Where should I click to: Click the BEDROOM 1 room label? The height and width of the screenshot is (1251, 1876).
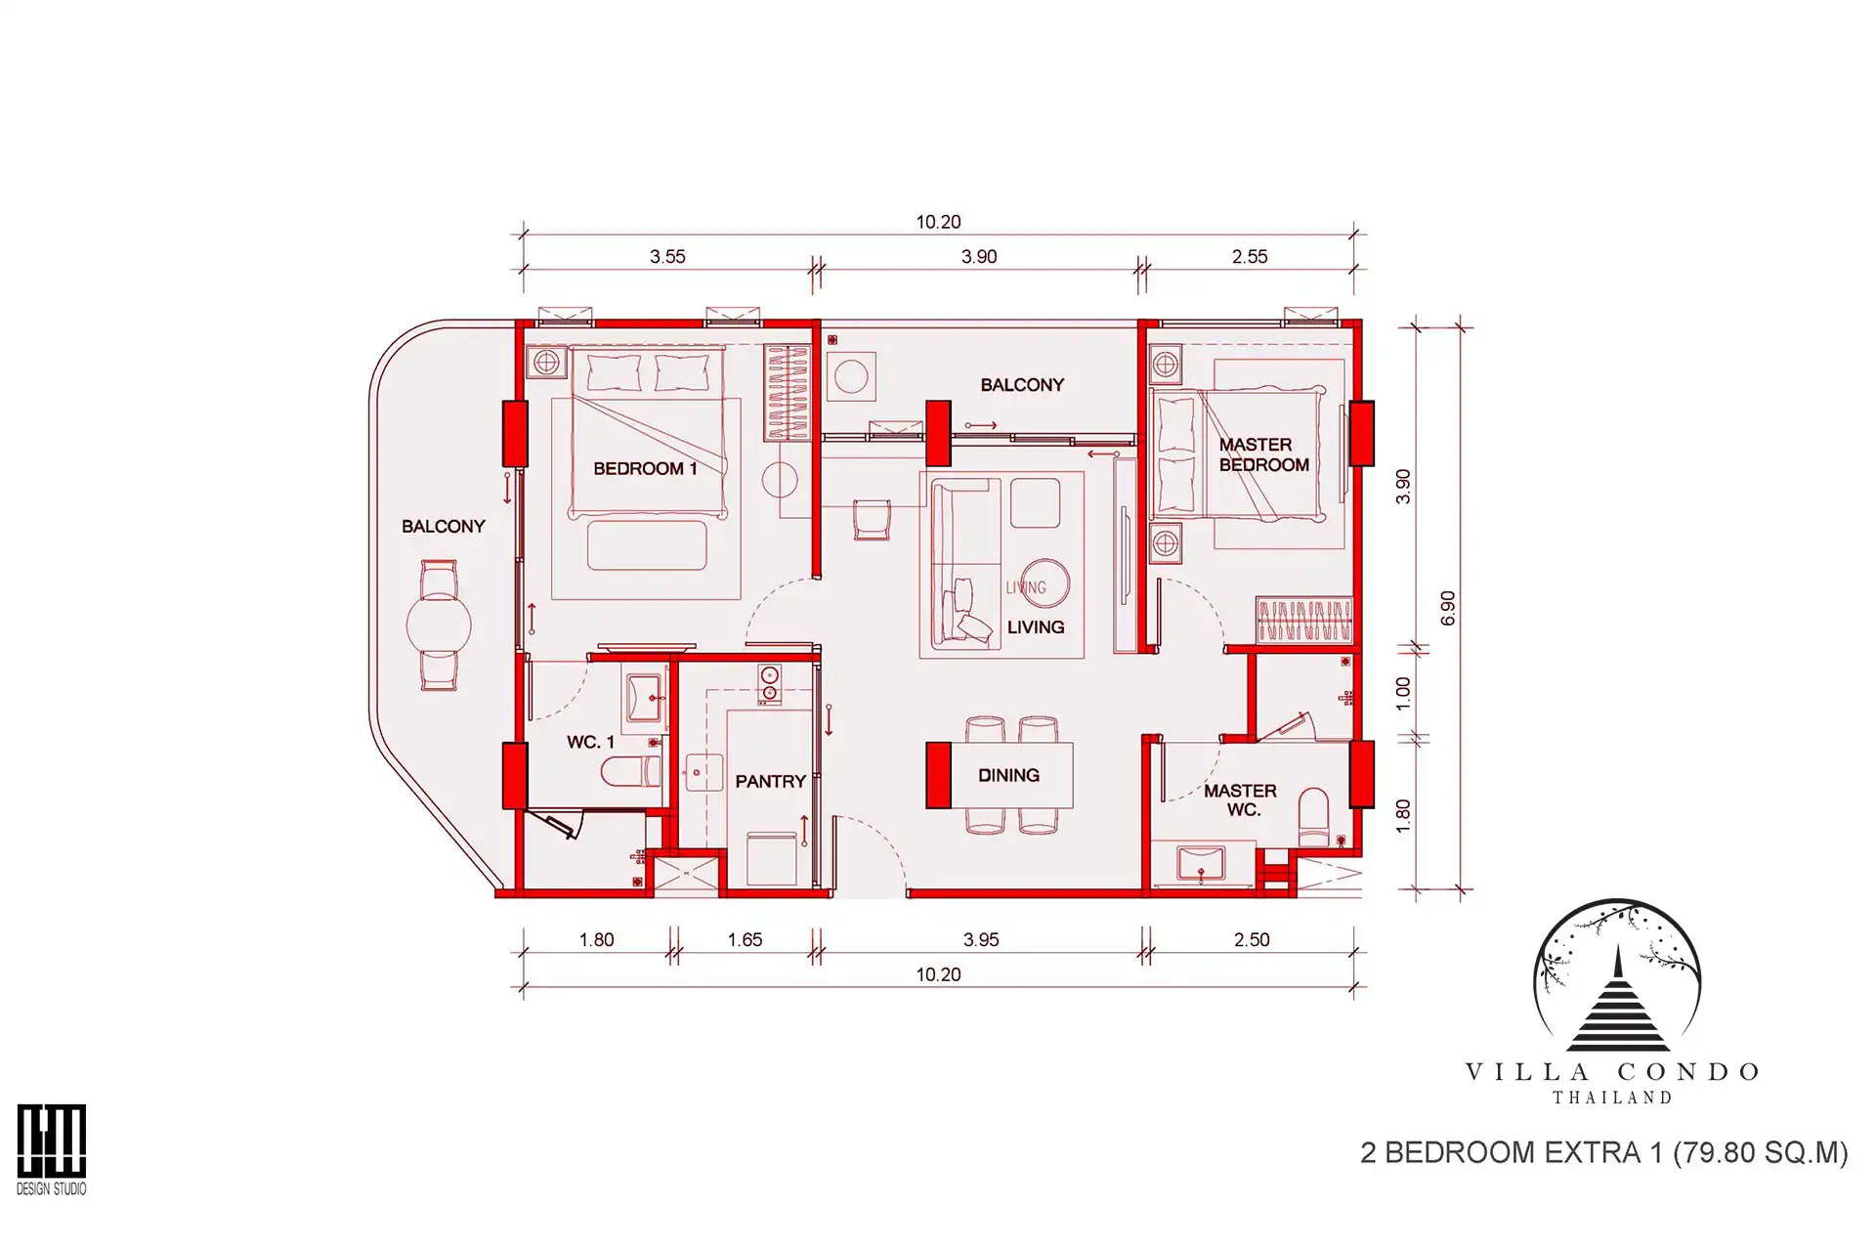pos(645,468)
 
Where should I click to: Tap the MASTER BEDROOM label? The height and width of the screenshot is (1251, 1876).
pos(1263,454)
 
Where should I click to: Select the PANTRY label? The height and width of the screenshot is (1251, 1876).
pos(770,781)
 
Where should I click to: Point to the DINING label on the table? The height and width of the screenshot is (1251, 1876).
pos(1008,775)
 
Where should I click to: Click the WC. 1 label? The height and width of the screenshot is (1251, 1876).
pos(590,742)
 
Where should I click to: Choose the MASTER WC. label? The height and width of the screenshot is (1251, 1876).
pos(1240,799)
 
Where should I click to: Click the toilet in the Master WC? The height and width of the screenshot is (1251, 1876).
pos(1314,817)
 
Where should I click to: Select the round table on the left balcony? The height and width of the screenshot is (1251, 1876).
pos(439,624)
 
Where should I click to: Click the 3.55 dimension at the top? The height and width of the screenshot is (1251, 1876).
pos(667,256)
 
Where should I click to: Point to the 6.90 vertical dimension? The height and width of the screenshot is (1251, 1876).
pos(1447,608)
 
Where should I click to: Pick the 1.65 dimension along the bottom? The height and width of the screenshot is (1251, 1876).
pos(745,939)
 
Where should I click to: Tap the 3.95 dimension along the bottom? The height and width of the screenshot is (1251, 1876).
pos(981,939)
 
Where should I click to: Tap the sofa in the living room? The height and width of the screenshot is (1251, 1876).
pos(964,562)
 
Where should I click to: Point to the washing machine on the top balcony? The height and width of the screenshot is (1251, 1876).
pos(851,376)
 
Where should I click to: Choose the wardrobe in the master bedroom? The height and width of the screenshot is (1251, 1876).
pos(1304,619)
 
